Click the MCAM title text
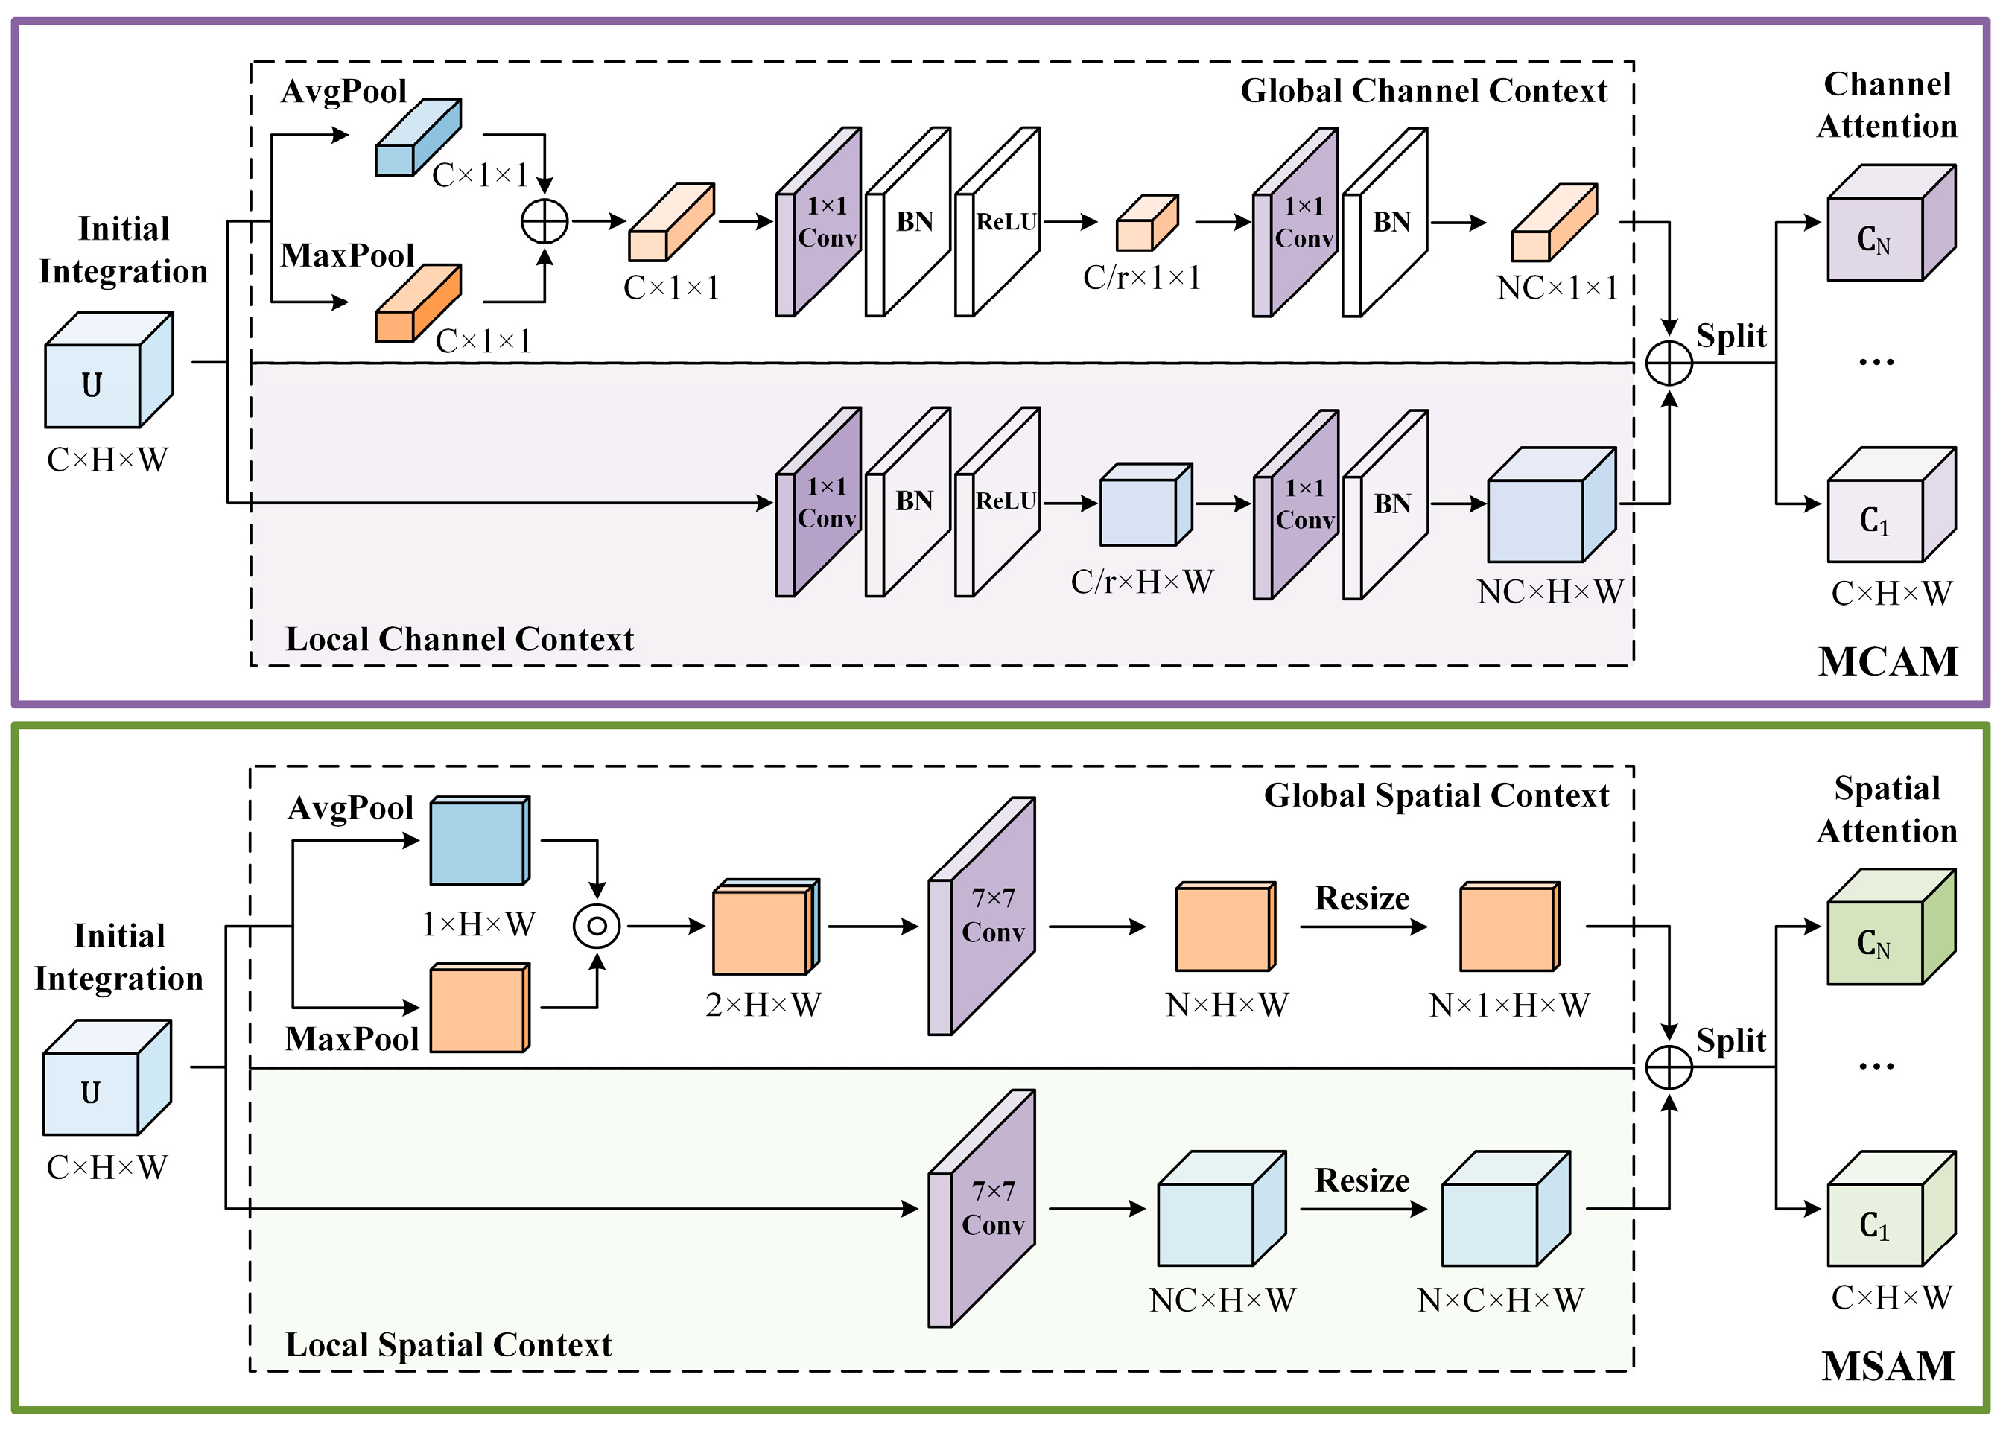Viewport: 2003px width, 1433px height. click(1888, 662)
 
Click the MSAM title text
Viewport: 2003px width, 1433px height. click(1888, 1366)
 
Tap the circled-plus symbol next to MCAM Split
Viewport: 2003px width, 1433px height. click(1669, 363)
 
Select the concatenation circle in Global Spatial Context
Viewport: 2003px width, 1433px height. click(597, 926)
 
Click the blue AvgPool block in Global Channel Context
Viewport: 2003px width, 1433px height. click(417, 137)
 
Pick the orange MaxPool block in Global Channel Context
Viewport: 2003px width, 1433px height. click(417, 302)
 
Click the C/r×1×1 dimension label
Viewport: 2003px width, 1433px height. click(1142, 278)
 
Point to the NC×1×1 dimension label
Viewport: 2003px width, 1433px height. click(1557, 287)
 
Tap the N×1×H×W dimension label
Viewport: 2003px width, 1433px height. click(1509, 1004)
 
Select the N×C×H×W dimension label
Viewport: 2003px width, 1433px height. click(1500, 1300)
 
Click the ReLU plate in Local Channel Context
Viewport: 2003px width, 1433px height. click(998, 502)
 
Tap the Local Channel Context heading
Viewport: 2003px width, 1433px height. click(459, 639)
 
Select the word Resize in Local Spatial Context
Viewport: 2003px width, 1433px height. click(1362, 1180)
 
